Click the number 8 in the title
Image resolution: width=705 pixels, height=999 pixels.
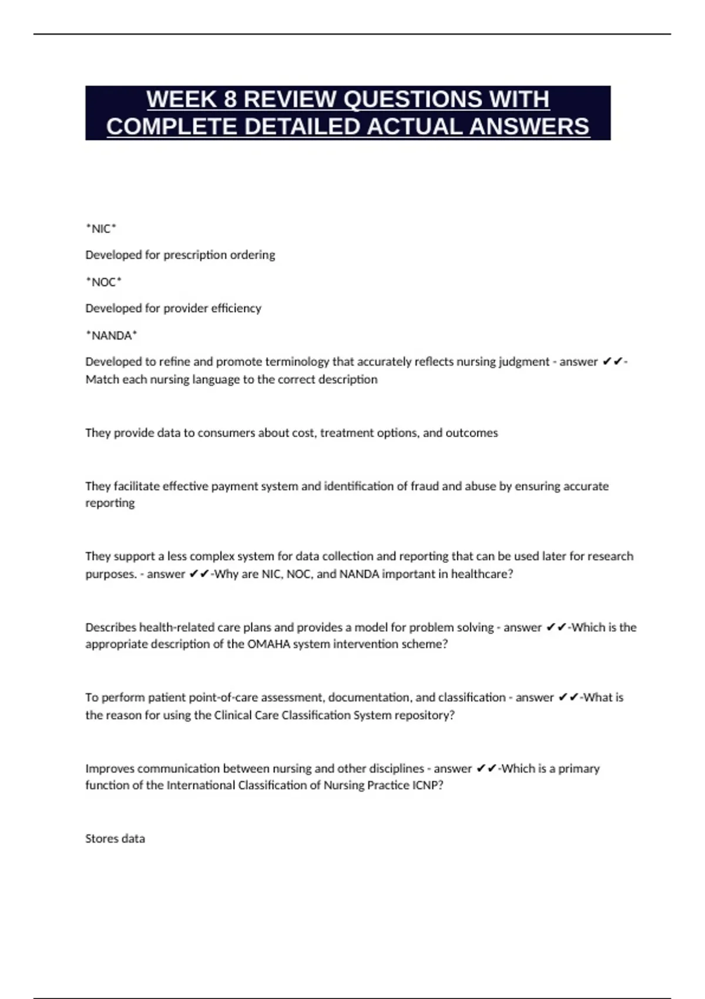229,99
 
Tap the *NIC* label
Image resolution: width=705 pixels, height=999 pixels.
101,229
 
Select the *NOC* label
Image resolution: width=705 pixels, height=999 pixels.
103,282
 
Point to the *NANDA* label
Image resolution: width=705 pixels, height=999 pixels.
111,336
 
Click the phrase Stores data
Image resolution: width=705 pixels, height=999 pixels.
115,839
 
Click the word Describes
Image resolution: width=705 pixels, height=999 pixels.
110,628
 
